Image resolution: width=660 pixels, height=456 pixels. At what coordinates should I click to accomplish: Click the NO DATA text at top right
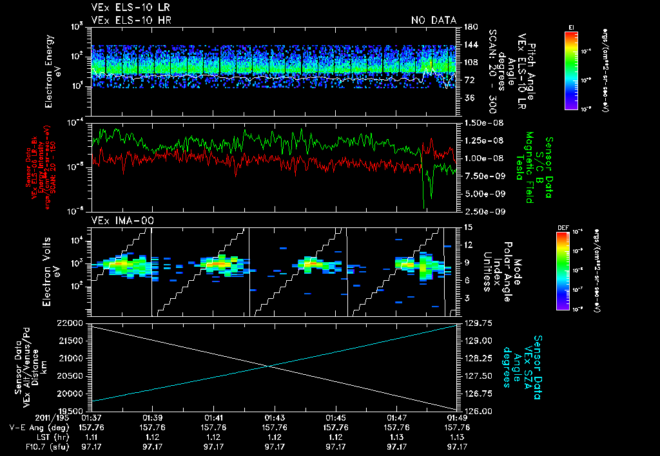tap(434, 21)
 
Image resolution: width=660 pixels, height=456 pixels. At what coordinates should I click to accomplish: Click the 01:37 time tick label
tap(92, 417)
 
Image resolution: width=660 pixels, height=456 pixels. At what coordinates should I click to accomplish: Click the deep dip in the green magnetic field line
tap(424, 205)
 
